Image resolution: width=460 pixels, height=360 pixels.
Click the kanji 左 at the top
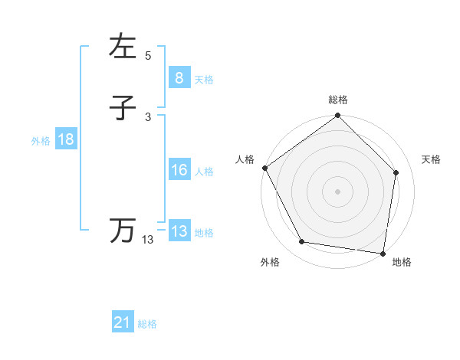[123, 47]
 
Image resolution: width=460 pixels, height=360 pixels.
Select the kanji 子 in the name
[123, 108]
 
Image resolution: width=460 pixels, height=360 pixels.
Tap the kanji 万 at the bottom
[123, 231]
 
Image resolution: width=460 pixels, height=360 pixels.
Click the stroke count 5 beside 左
[148, 56]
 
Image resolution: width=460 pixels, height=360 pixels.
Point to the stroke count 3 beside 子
[148, 117]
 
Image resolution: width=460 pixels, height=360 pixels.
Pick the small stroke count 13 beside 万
[148, 240]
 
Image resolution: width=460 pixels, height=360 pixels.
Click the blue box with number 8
[179, 77]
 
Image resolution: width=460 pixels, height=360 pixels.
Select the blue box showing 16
[179, 170]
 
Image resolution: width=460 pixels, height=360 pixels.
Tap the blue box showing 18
[65, 139]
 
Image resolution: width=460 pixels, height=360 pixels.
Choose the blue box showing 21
[123, 322]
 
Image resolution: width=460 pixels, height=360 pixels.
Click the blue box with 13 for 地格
[179, 231]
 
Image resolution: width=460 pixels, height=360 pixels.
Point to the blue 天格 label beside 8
[204, 79]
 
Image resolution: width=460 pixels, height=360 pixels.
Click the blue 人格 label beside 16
[204, 172]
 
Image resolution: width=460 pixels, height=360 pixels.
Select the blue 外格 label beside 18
[41, 141]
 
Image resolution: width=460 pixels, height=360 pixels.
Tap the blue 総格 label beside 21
[147, 324]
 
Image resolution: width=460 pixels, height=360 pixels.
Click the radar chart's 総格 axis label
[338, 100]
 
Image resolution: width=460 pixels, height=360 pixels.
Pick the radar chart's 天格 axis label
[432, 159]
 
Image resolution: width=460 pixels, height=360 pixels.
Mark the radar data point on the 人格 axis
[265, 168]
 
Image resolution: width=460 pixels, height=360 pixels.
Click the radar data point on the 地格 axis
[383, 253]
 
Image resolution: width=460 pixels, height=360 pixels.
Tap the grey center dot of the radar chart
[337, 191]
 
